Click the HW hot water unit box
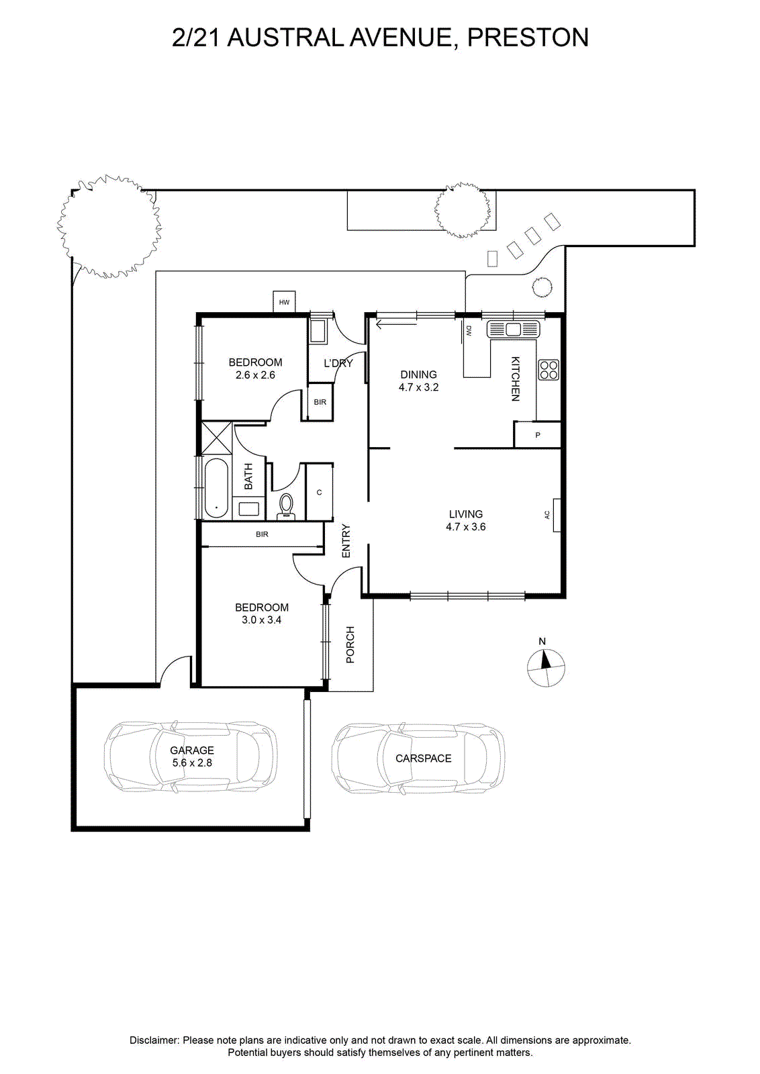tap(285, 301)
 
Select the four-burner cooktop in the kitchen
tap(549, 370)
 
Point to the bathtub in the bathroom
tap(216, 488)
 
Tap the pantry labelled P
tap(538, 435)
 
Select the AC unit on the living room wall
tap(557, 515)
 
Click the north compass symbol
tap(546, 667)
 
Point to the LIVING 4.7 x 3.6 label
tap(465, 521)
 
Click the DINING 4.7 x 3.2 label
tap(418, 381)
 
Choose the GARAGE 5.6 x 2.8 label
tap(192, 756)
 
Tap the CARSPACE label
tap(424, 758)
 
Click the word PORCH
tap(350, 644)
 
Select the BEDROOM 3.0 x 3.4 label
tap(261, 614)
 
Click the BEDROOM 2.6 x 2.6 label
tap(255, 369)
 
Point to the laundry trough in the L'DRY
tap(318, 332)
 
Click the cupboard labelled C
tap(320, 492)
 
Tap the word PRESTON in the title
tap(528, 38)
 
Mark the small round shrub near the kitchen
tap(542, 287)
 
